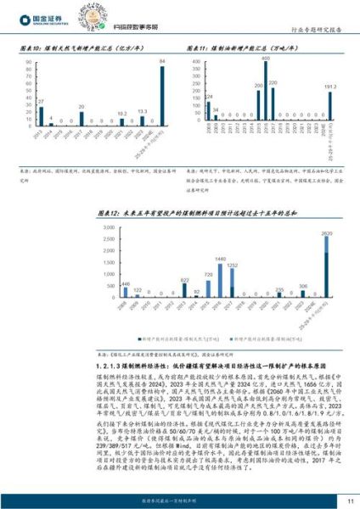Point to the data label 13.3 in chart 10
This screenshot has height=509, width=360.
[x=143, y=112]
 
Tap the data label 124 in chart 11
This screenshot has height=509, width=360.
[x=210, y=97]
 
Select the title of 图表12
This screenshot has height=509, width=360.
[x=178, y=212]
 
